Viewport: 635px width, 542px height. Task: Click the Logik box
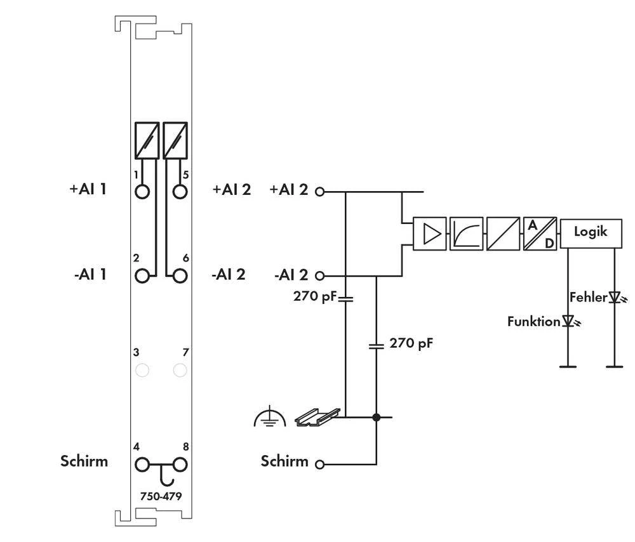591,232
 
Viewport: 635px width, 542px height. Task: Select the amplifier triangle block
430,234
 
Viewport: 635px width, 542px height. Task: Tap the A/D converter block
540,234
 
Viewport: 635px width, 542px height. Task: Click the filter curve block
467,234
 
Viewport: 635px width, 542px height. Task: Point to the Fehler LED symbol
614,296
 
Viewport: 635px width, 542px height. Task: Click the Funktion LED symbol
568,321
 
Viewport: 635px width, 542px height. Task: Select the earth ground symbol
271,418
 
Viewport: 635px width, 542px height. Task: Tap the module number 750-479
161,496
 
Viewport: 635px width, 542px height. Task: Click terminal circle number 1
143,191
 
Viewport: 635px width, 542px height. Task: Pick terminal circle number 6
180,275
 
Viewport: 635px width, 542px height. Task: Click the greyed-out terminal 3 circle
143,370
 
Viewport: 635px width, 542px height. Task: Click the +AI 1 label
88,189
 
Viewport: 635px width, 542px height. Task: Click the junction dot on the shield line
377,417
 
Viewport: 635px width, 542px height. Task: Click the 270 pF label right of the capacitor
411,343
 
